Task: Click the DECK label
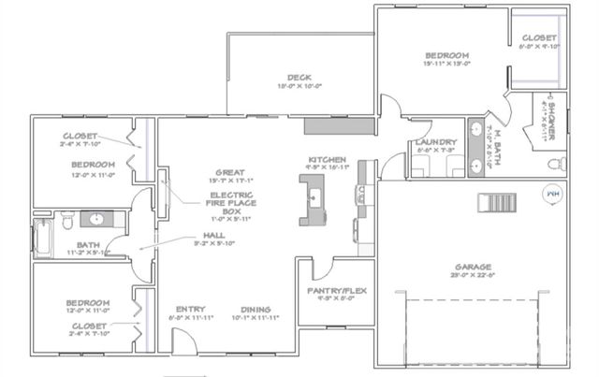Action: [299, 78]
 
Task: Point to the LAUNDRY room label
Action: [434, 143]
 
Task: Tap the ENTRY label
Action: [190, 310]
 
